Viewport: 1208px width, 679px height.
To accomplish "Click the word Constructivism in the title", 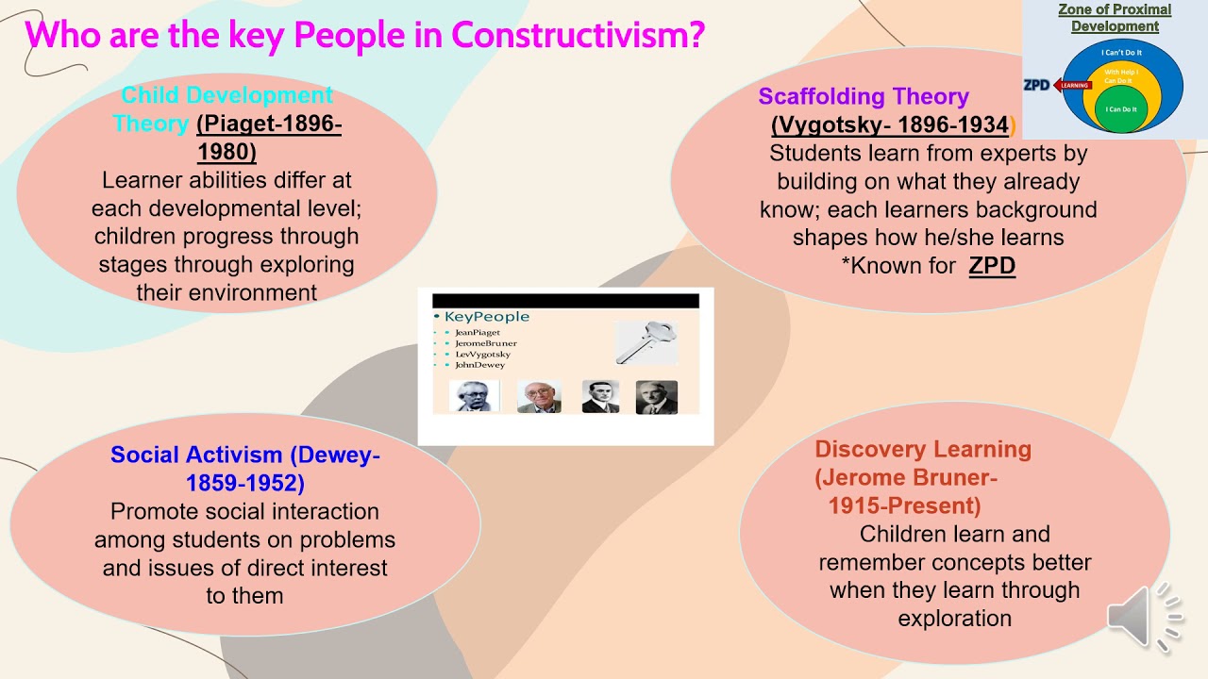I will [578, 36].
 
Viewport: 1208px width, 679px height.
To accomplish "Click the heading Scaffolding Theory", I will [864, 96].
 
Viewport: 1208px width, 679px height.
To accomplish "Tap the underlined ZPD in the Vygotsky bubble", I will [992, 266].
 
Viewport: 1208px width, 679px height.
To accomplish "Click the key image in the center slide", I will [646, 341].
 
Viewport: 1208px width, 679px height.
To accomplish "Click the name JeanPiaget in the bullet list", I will [478, 333].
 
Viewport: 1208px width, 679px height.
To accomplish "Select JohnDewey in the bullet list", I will [480, 365].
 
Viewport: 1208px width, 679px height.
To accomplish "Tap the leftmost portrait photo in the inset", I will [474, 396].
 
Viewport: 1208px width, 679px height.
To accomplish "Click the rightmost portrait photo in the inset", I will [656, 396].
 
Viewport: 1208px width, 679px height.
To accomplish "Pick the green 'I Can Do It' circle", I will [1120, 109].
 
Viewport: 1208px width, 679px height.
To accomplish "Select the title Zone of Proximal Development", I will [1115, 18].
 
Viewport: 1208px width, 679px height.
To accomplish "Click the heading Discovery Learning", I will [923, 449].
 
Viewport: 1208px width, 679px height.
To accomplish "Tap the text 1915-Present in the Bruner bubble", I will [904, 505].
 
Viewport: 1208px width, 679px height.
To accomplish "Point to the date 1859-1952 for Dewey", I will [244, 483].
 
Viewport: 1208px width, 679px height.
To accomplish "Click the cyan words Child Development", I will [226, 95].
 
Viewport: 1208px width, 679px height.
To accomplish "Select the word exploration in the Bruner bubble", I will [954, 619].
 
